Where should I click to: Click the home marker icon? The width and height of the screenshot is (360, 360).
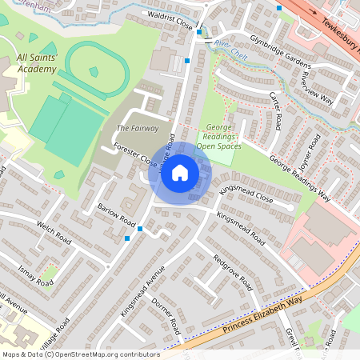[x=180, y=173]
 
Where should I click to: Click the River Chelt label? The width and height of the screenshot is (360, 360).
[x=229, y=41]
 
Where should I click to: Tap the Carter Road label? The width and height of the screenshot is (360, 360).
[x=275, y=110]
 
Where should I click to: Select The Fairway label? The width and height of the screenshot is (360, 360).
[x=138, y=128]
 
